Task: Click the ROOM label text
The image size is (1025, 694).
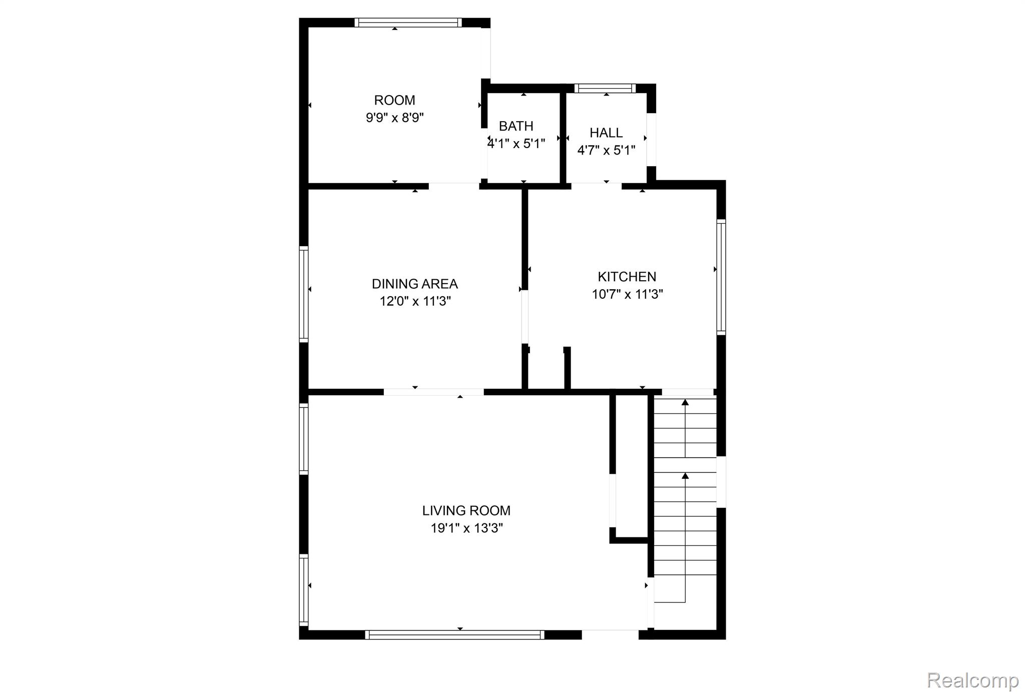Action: pos(394,100)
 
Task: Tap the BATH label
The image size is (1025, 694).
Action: pos(516,126)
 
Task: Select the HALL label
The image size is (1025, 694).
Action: pos(606,133)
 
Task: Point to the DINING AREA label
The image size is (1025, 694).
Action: pos(415,284)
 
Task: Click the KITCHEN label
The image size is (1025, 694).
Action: pos(627,277)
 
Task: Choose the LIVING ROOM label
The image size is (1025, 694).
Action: pos(466,510)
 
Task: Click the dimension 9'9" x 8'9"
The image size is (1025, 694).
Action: pos(395,118)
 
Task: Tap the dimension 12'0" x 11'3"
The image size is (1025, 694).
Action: pos(415,301)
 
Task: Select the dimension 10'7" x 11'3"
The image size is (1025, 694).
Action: pos(628,294)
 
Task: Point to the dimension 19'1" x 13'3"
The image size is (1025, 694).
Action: pos(467,528)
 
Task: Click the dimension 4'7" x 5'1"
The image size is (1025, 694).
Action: pos(607,150)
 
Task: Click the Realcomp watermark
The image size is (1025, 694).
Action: pos(973,680)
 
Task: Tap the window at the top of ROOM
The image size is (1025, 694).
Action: pos(408,23)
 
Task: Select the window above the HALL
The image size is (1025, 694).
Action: pos(605,89)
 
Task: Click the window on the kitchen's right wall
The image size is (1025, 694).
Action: pos(721,277)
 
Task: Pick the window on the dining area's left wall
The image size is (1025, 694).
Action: pos(304,294)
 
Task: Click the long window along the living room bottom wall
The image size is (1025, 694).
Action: pos(455,635)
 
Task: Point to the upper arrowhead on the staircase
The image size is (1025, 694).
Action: pos(685,402)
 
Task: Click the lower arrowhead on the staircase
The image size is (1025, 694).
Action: pos(685,475)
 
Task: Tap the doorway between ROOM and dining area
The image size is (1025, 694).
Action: pos(454,186)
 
